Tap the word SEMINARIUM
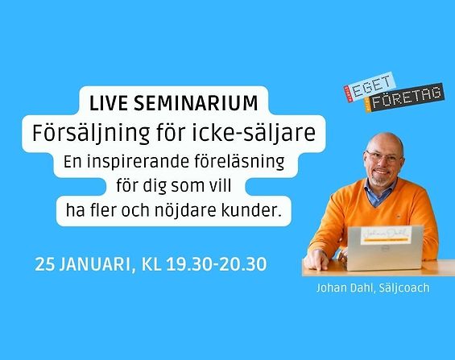[196, 103]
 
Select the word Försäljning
[91, 134]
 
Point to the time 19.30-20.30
[217, 264]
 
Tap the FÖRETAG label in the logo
[406, 97]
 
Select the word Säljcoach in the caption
[404, 288]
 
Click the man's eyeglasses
[384, 157]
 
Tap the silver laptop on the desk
[385, 248]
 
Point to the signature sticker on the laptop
[387, 234]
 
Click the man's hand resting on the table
[316, 260]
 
